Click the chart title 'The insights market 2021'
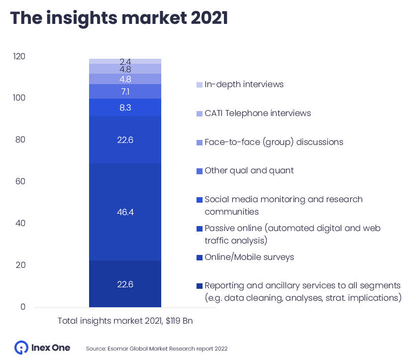tap(119, 18)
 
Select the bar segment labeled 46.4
tap(125, 212)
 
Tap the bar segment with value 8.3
tap(125, 107)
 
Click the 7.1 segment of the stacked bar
tap(125, 92)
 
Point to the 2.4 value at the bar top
tap(125, 61)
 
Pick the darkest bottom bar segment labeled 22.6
tap(125, 284)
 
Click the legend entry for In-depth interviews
tap(244, 84)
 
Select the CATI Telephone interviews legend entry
tap(257, 113)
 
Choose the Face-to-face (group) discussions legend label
tap(274, 142)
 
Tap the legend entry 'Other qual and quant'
tap(249, 170)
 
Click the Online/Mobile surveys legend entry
tap(249, 257)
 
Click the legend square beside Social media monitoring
tap(200, 200)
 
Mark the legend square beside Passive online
tap(200, 229)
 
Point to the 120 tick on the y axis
tap(19, 56)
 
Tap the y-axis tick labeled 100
tap(19, 98)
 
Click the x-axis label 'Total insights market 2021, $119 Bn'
tap(125, 321)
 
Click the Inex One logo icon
tap(21, 348)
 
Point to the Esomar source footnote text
tap(157, 349)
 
